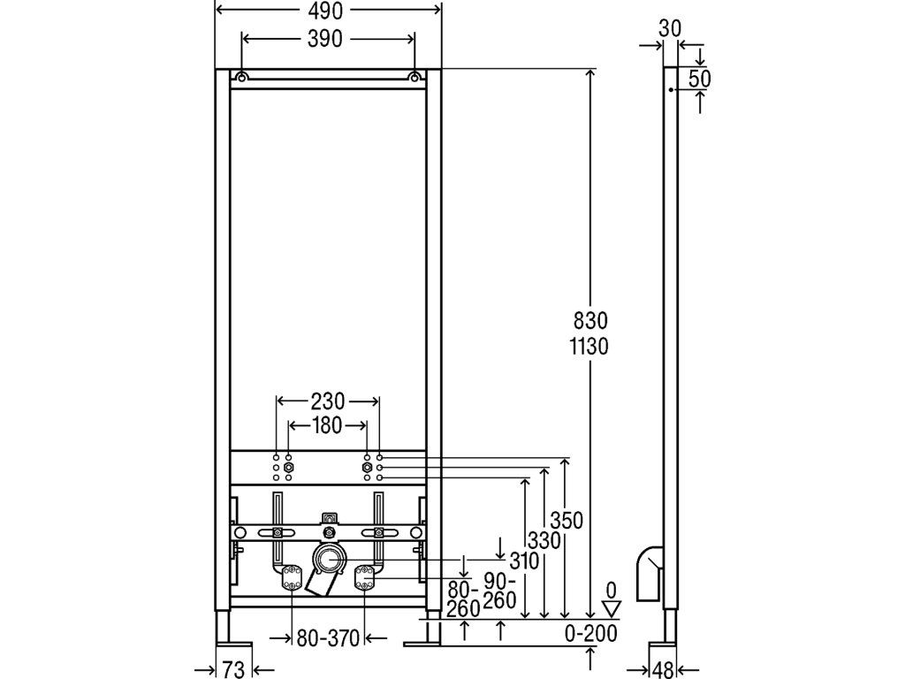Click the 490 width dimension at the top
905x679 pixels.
click(325, 10)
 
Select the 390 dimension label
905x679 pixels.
click(325, 39)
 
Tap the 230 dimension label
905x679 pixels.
click(327, 401)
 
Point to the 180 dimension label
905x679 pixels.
click(327, 426)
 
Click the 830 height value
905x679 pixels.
click(590, 320)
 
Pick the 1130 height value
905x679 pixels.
click(589, 347)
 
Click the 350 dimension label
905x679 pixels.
click(567, 520)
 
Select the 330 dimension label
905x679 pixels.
click(544, 540)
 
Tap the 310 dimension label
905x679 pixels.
click(524, 561)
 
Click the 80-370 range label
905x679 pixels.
click(328, 638)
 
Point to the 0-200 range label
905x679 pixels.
click(590, 633)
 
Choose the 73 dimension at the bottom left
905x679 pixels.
click(233, 670)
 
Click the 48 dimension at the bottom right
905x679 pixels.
click(663, 670)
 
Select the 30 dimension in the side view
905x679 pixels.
click(670, 28)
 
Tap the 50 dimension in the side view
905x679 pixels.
click(700, 79)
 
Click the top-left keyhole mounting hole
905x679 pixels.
click(242, 77)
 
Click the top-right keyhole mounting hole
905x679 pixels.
click(414, 77)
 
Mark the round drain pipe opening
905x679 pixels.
click(329, 559)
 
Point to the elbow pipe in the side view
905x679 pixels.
click(650, 573)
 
